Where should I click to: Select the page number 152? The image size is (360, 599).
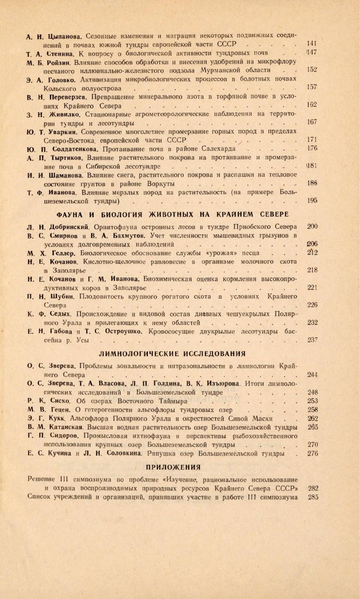click(312, 70)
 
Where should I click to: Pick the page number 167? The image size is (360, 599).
click(312, 122)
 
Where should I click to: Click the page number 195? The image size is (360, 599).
click(312, 200)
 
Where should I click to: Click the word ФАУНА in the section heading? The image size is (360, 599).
click(70, 214)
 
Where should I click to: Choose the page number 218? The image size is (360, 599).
click(312, 270)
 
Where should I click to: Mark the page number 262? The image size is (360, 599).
click(312, 418)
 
